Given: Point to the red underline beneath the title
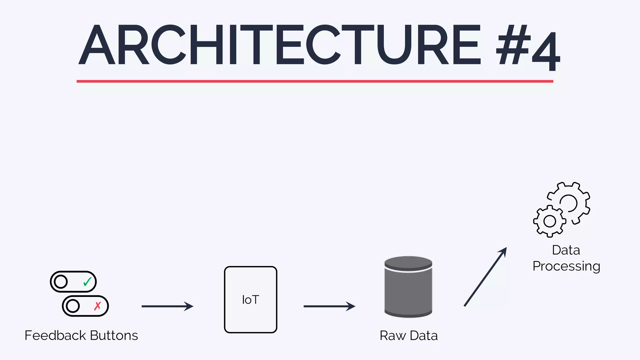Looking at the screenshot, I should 315,81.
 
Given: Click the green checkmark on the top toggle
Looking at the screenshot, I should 87,282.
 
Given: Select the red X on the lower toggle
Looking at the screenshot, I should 97,306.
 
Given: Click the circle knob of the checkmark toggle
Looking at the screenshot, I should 61,282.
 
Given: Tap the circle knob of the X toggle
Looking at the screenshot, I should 73,306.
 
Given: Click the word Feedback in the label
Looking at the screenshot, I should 55,335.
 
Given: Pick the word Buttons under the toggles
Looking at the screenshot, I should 114,335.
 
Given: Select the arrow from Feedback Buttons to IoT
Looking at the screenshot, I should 167,306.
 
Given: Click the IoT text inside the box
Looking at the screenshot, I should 251,300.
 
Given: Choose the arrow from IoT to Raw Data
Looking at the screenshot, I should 329,306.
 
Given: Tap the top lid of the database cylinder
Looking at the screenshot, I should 408,262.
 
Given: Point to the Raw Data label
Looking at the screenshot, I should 408,336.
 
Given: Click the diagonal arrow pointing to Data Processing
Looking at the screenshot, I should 485,277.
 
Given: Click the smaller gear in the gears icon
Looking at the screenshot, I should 550,221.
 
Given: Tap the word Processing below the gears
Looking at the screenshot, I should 566,266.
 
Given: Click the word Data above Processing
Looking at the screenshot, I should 566,250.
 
